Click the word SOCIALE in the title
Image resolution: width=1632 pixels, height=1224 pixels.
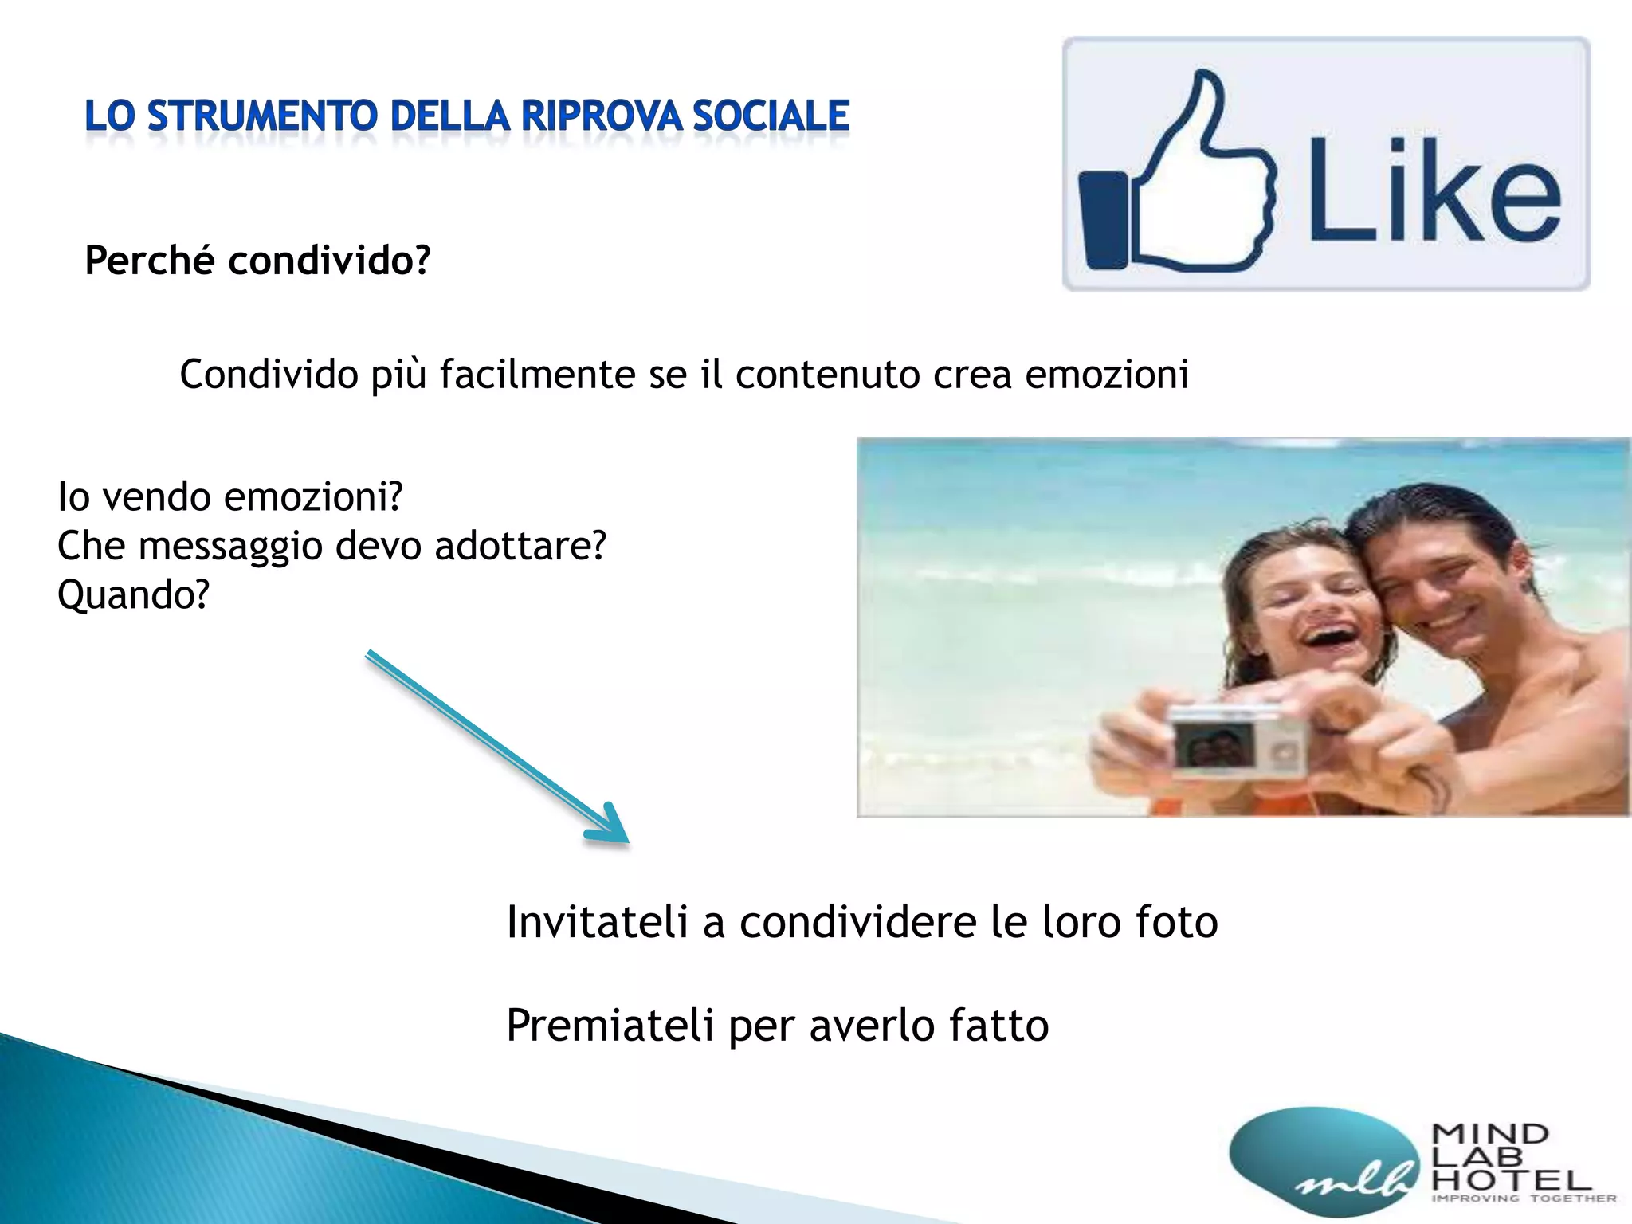pos(771,116)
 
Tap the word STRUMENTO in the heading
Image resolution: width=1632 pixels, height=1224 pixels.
pos(262,116)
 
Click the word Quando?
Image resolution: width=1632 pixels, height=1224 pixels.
pos(133,595)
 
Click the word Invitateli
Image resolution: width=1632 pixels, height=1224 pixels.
pos(597,922)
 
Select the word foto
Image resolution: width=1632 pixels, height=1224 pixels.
pos(1176,922)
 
